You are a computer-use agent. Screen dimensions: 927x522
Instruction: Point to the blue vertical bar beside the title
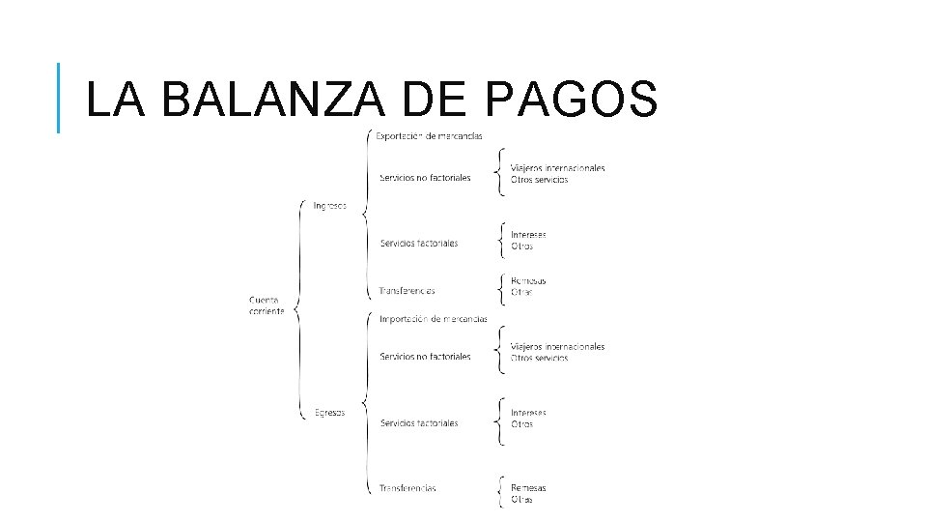click(x=59, y=98)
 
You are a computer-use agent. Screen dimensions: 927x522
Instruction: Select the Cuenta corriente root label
click(x=267, y=305)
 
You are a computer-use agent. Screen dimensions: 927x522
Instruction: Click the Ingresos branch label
click(x=330, y=205)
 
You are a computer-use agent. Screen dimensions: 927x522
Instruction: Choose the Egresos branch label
click(x=330, y=413)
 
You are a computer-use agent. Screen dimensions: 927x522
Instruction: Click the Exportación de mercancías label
click(x=430, y=135)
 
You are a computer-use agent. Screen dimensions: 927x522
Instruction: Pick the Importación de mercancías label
click(x=433, y=319)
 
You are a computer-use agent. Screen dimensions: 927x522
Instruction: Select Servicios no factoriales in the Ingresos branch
click(x=425, y=178)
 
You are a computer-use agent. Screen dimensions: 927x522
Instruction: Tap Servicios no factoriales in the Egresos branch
click(x=425, y=357)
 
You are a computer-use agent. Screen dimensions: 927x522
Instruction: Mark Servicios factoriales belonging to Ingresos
click(x=419, y=243)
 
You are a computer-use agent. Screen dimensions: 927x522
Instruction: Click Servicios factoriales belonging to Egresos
click(x=419, y=422)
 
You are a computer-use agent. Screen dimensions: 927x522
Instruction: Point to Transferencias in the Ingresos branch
click(x=407, y=291)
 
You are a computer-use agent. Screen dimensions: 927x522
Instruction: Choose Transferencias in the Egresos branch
click(x=407, y=488)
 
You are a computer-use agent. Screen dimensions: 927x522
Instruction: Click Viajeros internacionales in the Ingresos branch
click(x=558, y=168)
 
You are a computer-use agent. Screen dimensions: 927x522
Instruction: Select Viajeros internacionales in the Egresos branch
click(x=558, y=346)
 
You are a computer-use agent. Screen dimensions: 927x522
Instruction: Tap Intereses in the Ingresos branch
click(x=528, y=235)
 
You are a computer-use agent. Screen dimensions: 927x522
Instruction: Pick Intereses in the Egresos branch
click(x=528, y=413)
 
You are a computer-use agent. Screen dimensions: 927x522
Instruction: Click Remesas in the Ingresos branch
click(x=528, y=281)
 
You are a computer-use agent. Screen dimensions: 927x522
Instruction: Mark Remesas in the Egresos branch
click(x=528, y=488)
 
